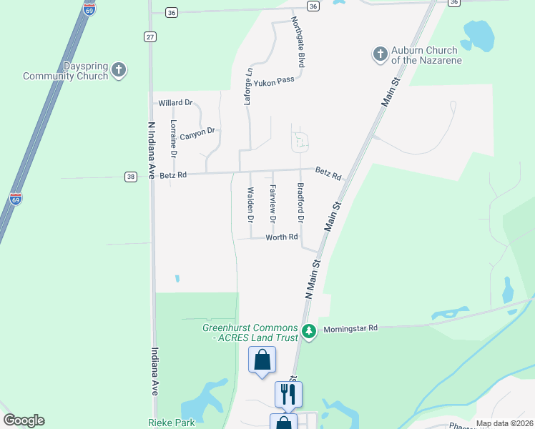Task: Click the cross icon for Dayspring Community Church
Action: (119, 70)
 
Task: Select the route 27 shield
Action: (149, 37)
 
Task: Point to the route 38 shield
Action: (130, 177)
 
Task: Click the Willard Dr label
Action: (176, 103)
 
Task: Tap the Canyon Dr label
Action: (197, 134)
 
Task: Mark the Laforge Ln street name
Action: (248, 87)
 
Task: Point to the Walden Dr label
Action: (250, 204)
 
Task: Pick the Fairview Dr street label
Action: (273, 203)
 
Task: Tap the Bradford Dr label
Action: (300, 203)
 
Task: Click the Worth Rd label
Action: (281, 237)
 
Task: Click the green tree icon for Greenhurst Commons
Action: (309, 331)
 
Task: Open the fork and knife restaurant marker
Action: (288, 394)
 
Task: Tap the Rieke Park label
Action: (172, 423)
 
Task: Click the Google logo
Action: (24, 420)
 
